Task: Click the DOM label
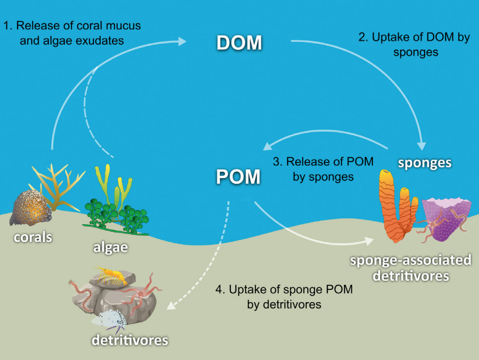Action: point(239,43)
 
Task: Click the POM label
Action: point(238,177)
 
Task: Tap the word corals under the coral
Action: point(33,238)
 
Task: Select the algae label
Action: point(110,247)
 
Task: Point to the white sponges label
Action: point(425,162)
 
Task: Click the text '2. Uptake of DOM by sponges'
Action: point(414,44)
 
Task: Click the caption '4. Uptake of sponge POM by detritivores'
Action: point(284,297)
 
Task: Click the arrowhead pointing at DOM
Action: point(182,42)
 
